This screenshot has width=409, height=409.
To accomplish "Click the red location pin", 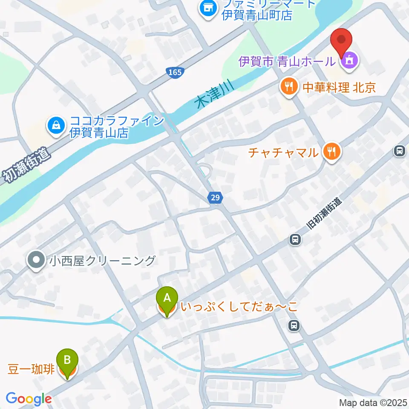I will click(x=342, y=42).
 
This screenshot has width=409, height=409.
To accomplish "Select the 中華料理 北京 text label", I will click(x=339, y=87).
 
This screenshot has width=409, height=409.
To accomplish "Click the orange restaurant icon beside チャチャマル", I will click(x=331, y=151).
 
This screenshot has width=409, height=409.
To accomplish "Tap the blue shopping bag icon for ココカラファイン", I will click(x=56, y=125).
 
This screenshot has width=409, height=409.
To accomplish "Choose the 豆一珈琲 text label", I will click(x=31, y=369).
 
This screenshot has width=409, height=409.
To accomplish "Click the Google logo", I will click(x=29, y=399).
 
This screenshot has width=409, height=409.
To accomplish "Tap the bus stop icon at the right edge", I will click(x=400, y=150).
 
